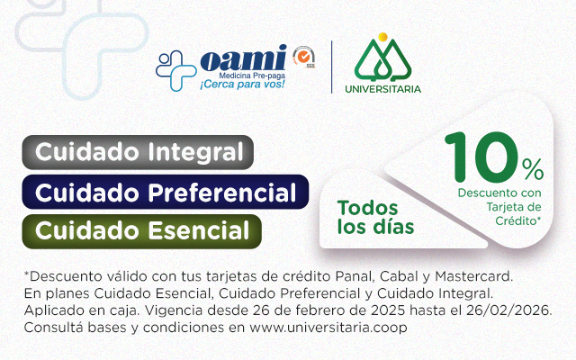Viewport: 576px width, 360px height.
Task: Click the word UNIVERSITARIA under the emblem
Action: [382, 88]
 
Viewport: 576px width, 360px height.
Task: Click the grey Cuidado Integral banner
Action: [139, 151]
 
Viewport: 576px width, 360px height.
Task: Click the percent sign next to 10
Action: [533, 168]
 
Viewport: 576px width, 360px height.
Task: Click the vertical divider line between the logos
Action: [332, 65]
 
